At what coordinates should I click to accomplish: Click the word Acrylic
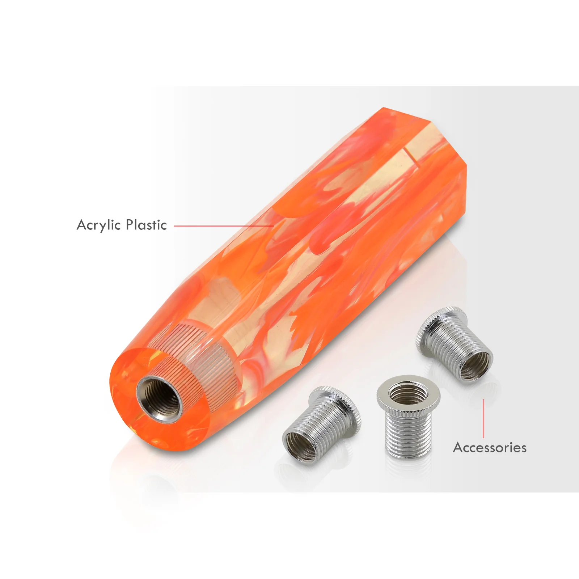98,225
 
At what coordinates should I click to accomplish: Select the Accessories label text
490,448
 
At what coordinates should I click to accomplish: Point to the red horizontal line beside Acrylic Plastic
224,226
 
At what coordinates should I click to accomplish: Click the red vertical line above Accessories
483,419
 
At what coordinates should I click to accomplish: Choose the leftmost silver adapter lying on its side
321,423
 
